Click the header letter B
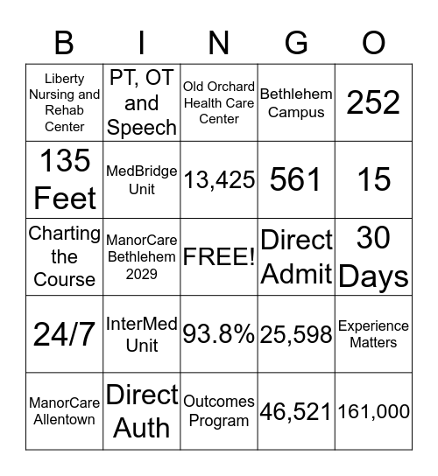pos(64,42)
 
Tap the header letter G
pos(296,42)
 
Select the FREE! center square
pos(219,257)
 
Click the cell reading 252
pos(374,102)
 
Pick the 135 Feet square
pos(64,179)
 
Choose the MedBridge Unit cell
pos(142,179)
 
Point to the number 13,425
pos(219,179)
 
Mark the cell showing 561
pos(296,179)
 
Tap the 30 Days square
pos(374,257)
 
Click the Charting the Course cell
pos(64,257)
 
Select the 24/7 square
pos(64,334)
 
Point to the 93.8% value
pos(219,334)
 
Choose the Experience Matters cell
pos(374,334)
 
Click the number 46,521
pos(296,411)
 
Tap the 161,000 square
pos(374,411)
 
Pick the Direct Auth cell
pos(142,411)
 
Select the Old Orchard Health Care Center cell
pos(219,102)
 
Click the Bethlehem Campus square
pos(296,102)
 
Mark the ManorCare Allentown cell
pos(64,411)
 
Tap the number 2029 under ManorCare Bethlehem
pos(142,274)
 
